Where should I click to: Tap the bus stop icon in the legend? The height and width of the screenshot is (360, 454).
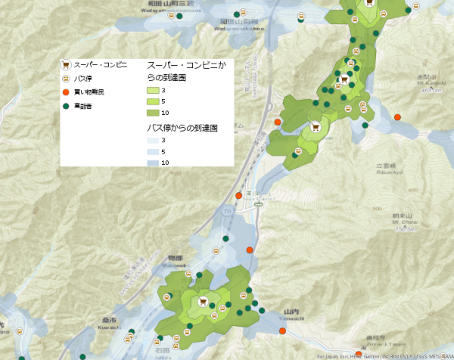tap(66, 78)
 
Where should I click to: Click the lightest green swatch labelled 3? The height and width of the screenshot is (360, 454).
tap(153, 90)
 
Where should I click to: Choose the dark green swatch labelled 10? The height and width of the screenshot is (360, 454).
tap(153, 112)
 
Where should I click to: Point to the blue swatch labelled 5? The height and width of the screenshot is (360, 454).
tap(153, 151)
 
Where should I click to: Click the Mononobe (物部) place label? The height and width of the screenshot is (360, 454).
tap(176, 259)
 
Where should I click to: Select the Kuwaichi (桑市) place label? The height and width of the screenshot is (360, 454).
tap(107, 320)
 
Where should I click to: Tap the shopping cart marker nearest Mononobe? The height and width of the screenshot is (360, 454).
tap(202, 302)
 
